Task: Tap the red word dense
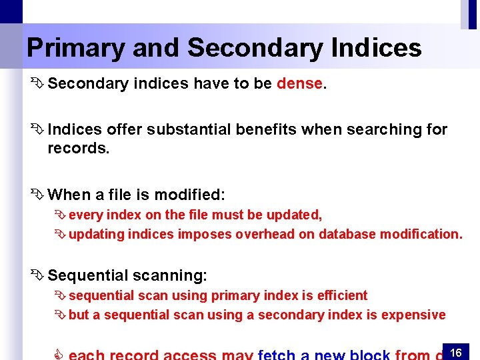click(x=299, y=84)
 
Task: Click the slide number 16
click(x=456, y=352)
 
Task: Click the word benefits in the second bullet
click(x=265, y=129)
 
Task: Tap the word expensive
click(x=413, y=315)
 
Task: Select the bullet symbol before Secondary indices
click(x=36, y=84)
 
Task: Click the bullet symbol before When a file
click(x=36, y=195)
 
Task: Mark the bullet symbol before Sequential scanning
click(x=36, y=275)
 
